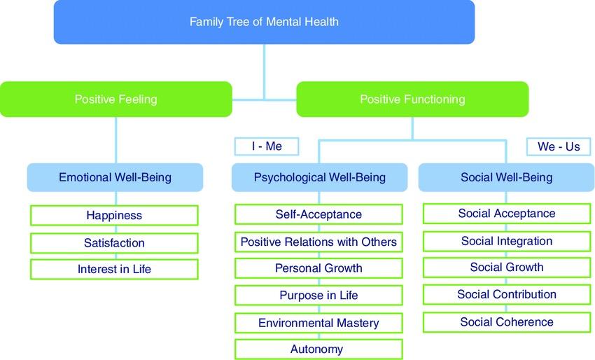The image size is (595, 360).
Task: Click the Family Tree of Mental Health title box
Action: point(264,22)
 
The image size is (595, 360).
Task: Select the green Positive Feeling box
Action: point(115,99)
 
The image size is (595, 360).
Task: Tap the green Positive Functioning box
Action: point(412,99)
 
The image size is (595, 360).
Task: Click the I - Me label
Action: point(267,146)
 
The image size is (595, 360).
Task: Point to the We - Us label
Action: point(558,147)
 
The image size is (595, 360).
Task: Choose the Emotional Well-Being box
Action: point(115,178)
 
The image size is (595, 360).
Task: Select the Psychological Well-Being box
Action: point(319,178)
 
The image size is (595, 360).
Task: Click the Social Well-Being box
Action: point(506,178)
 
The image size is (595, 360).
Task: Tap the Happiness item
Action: point(114,215)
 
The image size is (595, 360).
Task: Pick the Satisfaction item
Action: point(114,243)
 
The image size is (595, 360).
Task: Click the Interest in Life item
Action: point(114,269)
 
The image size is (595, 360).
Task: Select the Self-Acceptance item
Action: point(318,214)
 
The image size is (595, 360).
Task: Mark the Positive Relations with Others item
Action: point(318,242)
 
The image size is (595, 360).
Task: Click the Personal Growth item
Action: point(318,268)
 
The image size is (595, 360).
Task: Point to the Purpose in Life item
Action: point(318,296)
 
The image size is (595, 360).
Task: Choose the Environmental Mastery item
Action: point(318,323)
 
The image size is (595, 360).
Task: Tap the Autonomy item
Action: point(318,349)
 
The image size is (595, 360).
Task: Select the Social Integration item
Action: point(506,242)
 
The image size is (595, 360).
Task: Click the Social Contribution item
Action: point(506,295)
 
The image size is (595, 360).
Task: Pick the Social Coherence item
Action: point(506,322)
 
